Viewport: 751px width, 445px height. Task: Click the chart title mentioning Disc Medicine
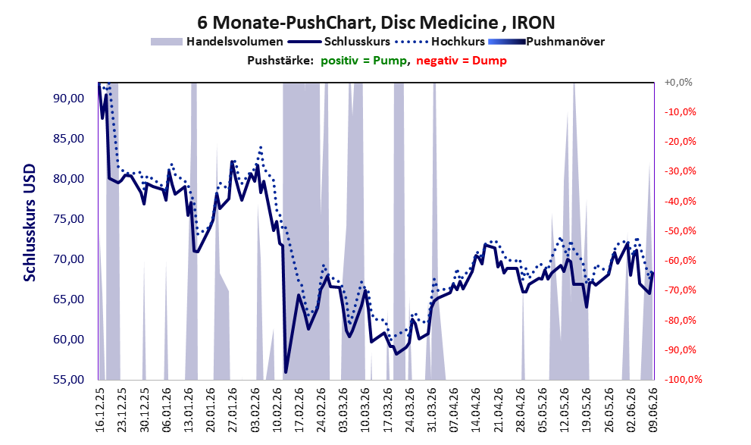pos(376,22)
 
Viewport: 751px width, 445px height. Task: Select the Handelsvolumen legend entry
pos(217,42)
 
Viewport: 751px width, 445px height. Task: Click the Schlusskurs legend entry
pos(339,42)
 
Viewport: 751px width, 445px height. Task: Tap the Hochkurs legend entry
pos(440,42)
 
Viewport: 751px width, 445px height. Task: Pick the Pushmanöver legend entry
pos(546,42)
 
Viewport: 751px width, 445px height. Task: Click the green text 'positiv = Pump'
pos(364,61)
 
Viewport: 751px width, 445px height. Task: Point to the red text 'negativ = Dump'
pos(462,61)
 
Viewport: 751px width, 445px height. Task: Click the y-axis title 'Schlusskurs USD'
pos(30,223)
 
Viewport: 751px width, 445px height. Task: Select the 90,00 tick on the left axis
pos(68,99)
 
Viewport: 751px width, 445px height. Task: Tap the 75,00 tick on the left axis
pos(68,219)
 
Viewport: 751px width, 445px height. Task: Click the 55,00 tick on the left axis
pos(68,379)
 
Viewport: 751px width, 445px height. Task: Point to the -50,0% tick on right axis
pos(680,231)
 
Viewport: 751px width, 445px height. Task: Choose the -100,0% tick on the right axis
pos(683,379)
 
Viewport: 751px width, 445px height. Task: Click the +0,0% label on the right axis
pos(678,83)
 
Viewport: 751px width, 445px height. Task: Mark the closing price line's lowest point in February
pos(286,371)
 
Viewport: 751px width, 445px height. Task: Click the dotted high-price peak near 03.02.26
pos(261,147)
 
